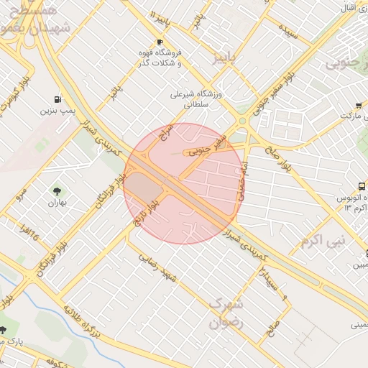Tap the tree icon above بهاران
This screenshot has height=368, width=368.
(57, 191)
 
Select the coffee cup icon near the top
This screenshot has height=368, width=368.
(160, 42)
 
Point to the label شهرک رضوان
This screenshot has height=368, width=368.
(226, 313)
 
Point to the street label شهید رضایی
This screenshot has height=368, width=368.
(159, 266)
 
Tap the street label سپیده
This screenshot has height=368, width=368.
(289, 31)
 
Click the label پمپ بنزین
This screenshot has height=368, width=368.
(55, 111)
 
